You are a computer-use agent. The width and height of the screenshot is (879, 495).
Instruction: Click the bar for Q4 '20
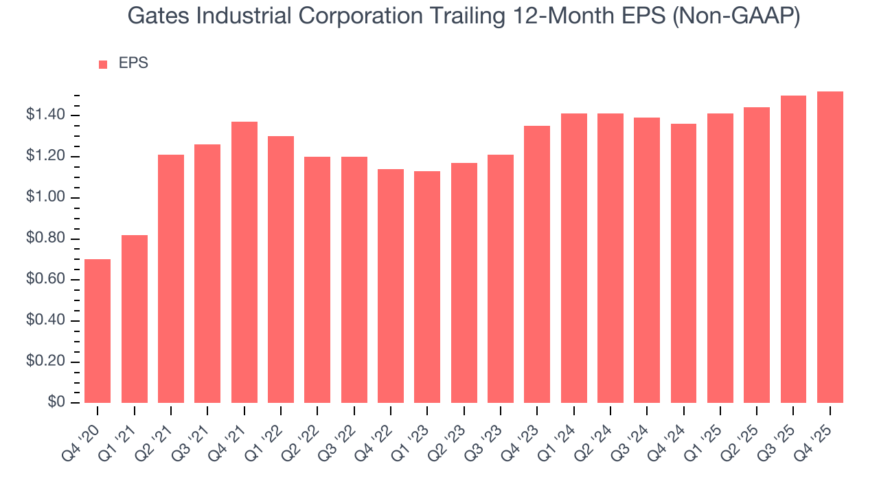click(98, 331)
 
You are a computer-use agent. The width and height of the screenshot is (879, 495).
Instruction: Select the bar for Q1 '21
click(135, 319)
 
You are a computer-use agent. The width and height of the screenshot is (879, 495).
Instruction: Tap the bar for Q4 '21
click(244, 262)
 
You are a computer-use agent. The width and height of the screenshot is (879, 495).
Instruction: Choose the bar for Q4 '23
click(537, 264)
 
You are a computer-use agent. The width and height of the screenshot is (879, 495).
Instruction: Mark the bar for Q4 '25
click(830, 247)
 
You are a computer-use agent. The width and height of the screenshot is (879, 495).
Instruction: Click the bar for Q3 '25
click(793, 249)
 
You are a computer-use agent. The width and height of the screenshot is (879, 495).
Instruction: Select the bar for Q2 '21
click(171, 278)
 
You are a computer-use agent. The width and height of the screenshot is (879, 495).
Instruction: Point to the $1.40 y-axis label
click(45, 115)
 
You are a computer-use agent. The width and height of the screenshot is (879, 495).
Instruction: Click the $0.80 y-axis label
click(45, 239)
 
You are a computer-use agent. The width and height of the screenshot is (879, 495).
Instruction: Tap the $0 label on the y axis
click(56, 403)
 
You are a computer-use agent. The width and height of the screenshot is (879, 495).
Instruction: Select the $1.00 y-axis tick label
click(45, 197)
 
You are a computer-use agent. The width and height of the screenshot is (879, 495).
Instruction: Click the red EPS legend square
click(103, 64)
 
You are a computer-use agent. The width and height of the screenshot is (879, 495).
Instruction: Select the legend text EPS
click(133, 63)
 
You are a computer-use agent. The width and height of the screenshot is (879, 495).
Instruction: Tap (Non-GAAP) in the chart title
click(737, 17)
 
